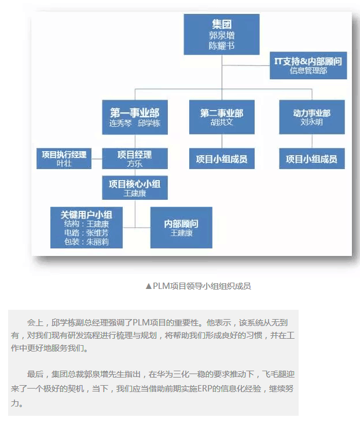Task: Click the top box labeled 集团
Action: click(222, 34)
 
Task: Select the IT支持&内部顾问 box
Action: click(308, 65)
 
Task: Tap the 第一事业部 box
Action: click(135, 118)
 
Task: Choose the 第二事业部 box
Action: click(222, 117)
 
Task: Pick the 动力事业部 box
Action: click(312, 117)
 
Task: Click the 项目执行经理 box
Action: click(64, 159)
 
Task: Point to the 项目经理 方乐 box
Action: click(135, 159)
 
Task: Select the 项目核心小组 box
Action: click(135, 188)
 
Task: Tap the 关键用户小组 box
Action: click(86, 228)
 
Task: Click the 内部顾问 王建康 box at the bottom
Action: click(181, 228)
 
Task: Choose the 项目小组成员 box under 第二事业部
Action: click(222, 159)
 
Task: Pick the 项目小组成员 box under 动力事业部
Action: click(312, 159)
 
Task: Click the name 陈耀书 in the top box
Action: click(222, 46)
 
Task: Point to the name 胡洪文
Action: click(222, 122)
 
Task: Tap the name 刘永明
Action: click(312, 122)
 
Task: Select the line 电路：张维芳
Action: click(86, 233)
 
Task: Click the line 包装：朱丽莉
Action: click(86, 242)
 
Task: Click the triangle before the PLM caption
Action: click(149, 287)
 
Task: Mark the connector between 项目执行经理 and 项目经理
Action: click(97, 159)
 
